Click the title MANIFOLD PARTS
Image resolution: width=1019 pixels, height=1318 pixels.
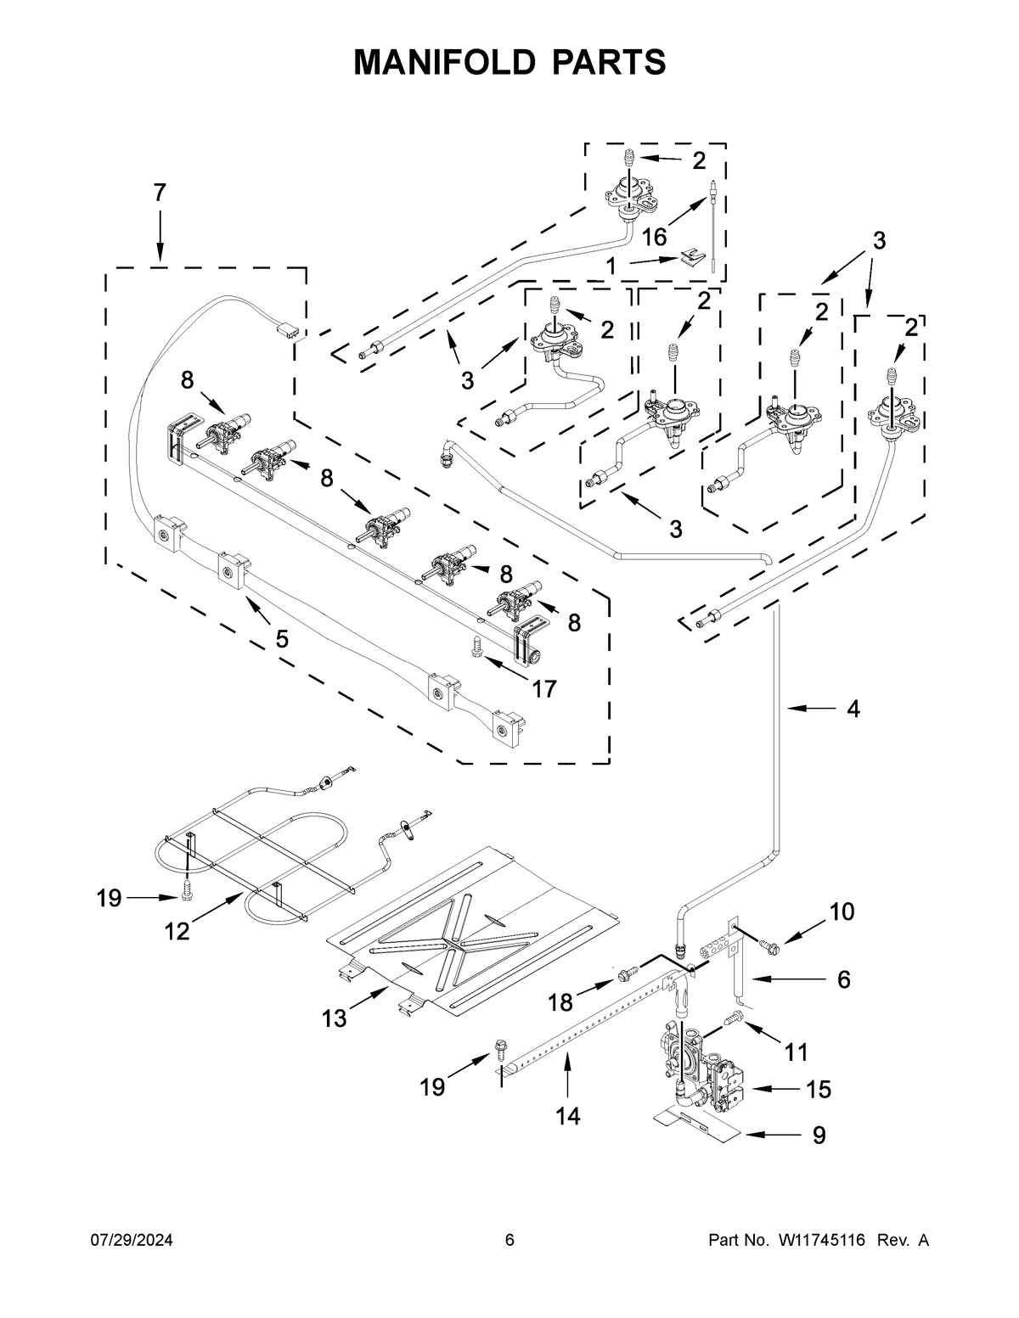(x=509, y=62)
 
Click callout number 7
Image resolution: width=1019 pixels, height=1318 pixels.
(x=160, y=193)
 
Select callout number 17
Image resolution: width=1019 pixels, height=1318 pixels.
(x=543, y=688)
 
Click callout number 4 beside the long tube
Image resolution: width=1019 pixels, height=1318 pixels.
(x=853, y=708)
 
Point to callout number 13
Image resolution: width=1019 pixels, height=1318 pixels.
(x=335, y=1018)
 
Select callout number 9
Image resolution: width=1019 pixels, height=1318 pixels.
(x=818, y=1135)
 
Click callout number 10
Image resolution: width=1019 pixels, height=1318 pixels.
(x=842, y=911)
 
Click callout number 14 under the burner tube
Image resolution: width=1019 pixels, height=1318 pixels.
(x=568, y=1115)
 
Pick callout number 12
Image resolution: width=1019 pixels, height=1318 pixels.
(x=177, y=930)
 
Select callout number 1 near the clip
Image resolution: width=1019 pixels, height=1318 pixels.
(x=611, y=266)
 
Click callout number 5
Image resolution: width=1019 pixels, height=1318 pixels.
(x=281, y=638)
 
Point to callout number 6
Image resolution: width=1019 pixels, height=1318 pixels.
(x=842, y=979)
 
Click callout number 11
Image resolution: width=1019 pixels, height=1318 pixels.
(x=796, y=1052)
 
